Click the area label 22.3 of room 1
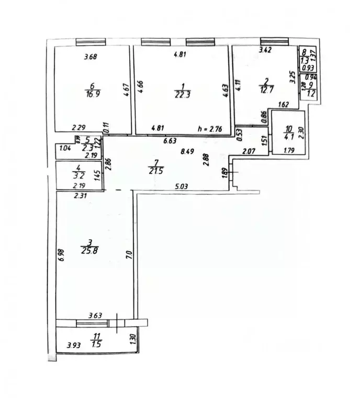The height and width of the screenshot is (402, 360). click(182, 94)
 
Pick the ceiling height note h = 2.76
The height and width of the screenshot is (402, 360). click(210, 127)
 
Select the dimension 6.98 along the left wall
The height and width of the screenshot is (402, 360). click(61, 255)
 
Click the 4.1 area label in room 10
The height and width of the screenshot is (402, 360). click(290, 138)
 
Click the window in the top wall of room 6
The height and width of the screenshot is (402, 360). click(91, 42)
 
